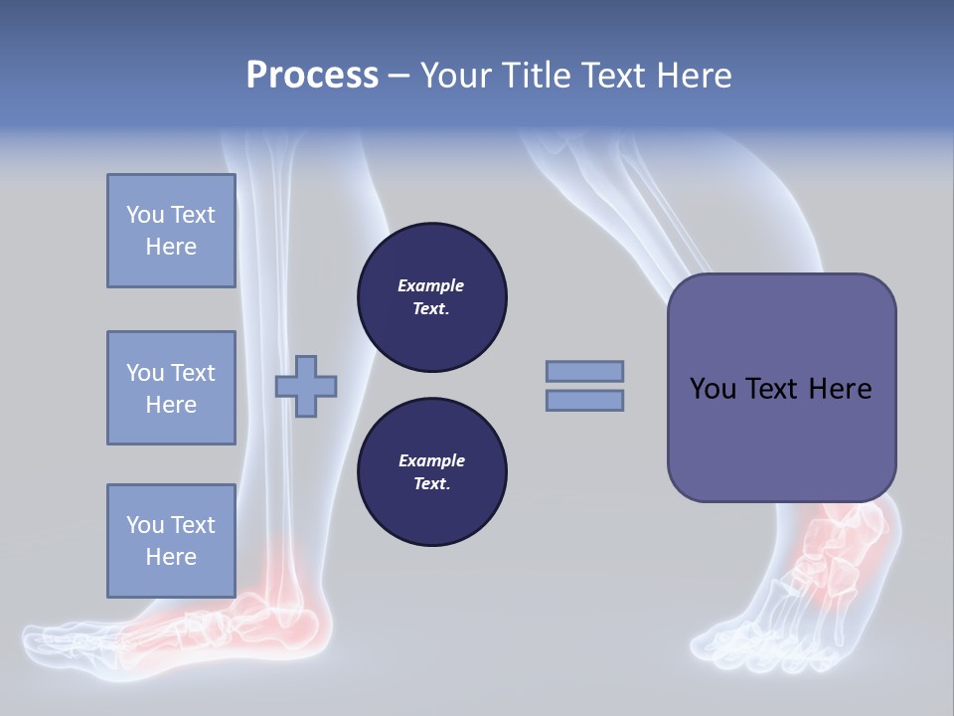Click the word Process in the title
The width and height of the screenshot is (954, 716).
click(312, 75)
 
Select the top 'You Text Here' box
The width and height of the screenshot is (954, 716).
click(171, 231)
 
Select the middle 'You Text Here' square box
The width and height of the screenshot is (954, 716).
click(171, 388)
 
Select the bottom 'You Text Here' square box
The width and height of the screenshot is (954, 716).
click(171, 540)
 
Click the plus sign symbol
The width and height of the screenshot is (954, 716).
click(306, 386)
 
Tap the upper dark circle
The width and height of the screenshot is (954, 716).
click(432, 296)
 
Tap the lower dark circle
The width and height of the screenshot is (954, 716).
click(432, 471)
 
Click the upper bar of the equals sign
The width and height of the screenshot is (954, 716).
click(584, 371)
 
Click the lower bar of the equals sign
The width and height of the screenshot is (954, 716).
click(584, 400)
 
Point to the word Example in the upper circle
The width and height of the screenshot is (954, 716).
click(431, 285)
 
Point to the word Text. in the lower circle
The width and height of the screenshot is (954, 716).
click(431, 484)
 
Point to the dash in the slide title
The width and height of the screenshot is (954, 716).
click(399, 76)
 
